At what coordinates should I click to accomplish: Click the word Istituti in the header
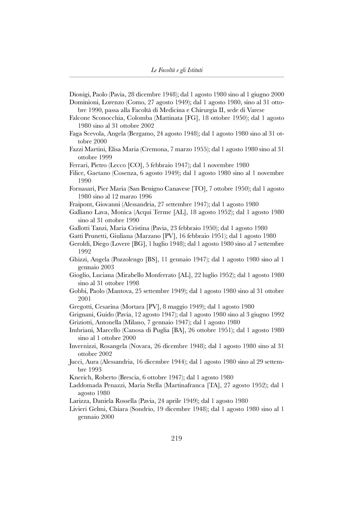[x=193, y=70]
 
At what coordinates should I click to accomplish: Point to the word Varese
[x=255, y=110]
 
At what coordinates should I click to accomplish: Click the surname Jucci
[x=76, y=361]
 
